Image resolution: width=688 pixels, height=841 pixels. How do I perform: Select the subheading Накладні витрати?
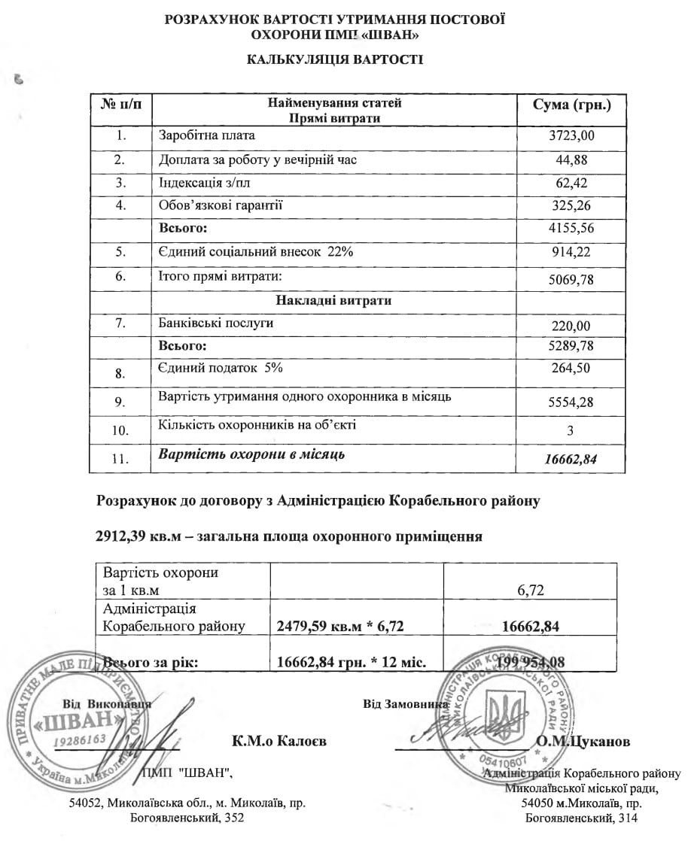[334, 300]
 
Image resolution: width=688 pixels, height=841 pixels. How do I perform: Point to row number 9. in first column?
[120, 402]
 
